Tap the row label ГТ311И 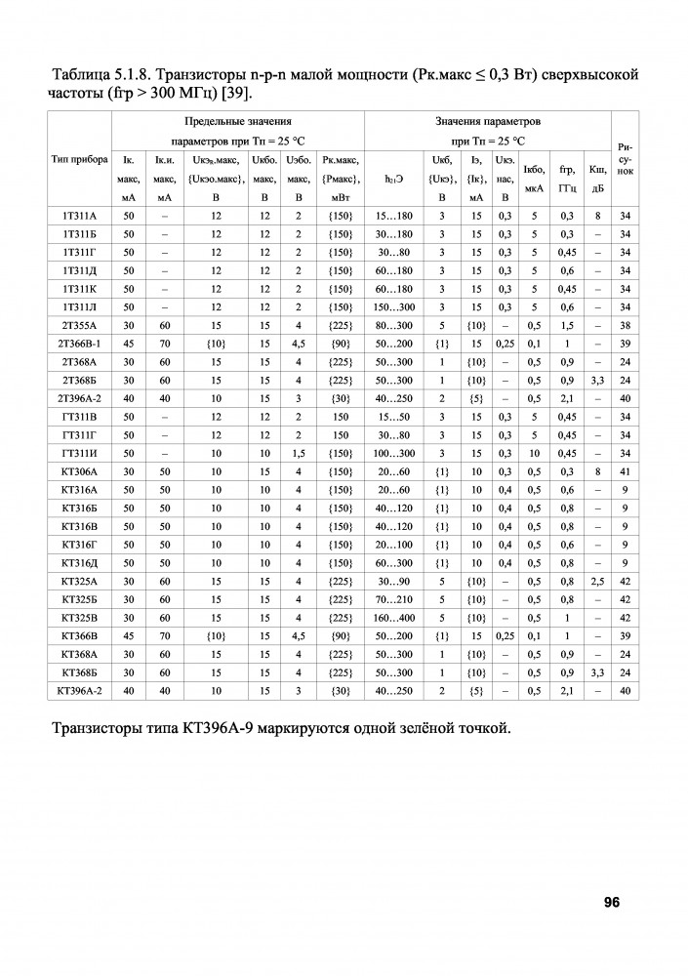pyautogui.click(x=79, y=454)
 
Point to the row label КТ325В pyautogui.click(x=79, y=618)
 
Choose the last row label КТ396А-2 pyautogui.click(x=79, y=690)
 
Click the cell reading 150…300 pyautogui.click(x=395, y=306)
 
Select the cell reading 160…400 pyautogui.click(x=395, y=618)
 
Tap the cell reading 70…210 pyautogui.click(x=395, y=599)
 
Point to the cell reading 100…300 pyautogui.click(x=395, y=454)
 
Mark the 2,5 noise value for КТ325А pyautogui.click(x=598, y=582)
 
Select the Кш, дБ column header pyautogui.click(x=598, y=179)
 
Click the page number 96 pyautogui.click(x=612, y=902)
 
